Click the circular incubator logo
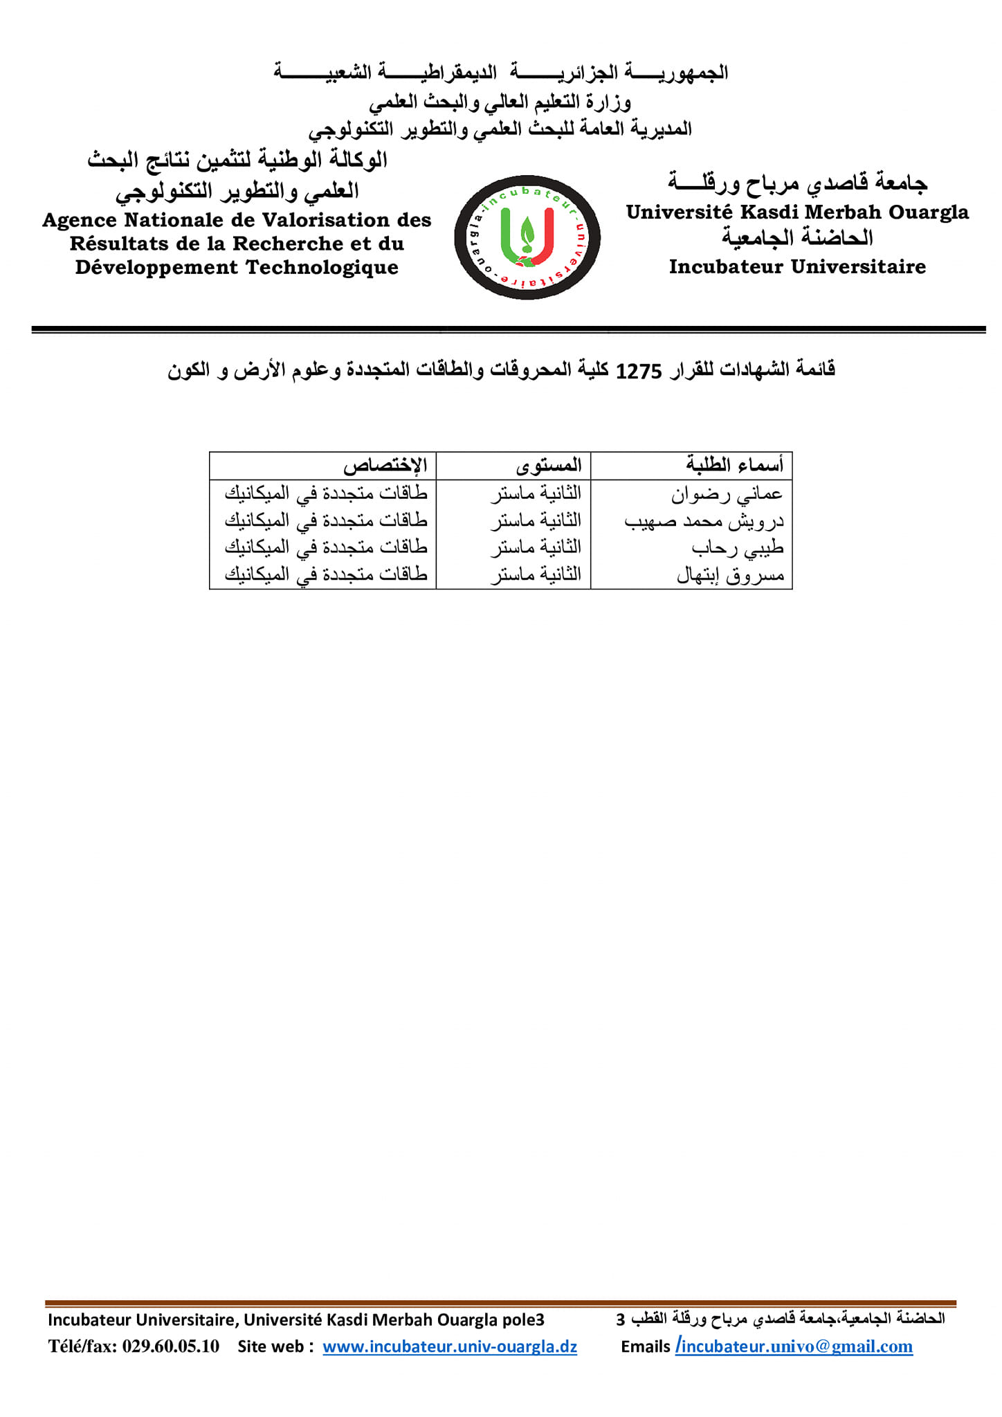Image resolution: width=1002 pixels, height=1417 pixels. [x=527, y=237]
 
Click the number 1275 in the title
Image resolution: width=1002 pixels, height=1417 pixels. [x=638, y=372]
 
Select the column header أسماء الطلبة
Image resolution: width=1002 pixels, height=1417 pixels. [x=734, y=465]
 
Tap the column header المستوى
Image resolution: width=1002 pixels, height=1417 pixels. [x=549, y=465]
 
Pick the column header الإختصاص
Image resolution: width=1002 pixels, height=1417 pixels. [x=385, y=465]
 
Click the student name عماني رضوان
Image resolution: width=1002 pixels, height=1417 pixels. [x=727, y=494]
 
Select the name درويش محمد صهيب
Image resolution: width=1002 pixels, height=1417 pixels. [x=704, y=521]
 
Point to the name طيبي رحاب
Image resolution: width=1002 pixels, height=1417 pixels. [x=737, y=548]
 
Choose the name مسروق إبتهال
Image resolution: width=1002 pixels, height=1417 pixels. [x=730, y=575]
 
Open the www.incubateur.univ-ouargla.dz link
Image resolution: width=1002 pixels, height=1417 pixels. [x=450, y=1347]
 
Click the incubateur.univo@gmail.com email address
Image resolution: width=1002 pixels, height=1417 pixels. [x=796, y=1347]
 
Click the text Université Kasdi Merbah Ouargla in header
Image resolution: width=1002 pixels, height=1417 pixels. [x=797, y=212]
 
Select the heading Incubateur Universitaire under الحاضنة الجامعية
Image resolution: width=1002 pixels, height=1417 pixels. [x=797, y=267]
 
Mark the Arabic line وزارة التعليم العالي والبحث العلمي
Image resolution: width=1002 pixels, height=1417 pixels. [x=500, y=102]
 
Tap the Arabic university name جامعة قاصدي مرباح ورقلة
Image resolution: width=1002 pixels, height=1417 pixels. [x=797, y=182]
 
